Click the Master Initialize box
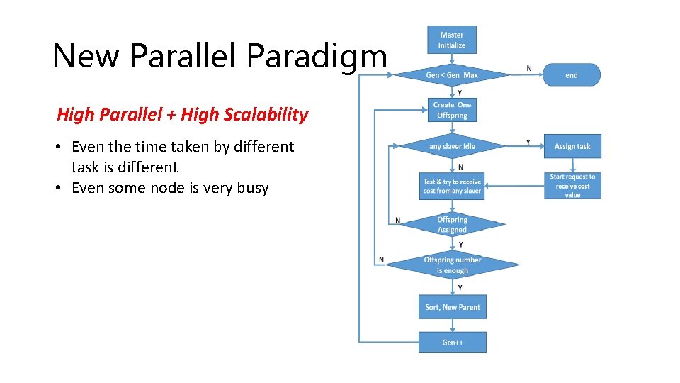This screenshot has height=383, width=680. (x=452, y=39)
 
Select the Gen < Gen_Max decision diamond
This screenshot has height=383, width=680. (x=452, y=75)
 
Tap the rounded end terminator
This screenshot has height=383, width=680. (x=571, y=75)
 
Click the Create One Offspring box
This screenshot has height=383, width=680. (x=452, y=110)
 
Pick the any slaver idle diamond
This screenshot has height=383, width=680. (x=452, y=146)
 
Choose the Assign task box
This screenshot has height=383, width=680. (x=572, y=146)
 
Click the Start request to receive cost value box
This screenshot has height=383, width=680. (x=572, y=186)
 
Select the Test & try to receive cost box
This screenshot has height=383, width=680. (x=452, y=186)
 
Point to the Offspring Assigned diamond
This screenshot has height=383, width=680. (x=452, y=225)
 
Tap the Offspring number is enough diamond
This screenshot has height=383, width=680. (x=452, y=265)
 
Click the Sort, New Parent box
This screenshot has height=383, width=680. (x=452, y=307)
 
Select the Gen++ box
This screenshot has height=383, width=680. (x=452, y=342)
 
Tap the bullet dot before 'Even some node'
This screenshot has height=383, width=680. (x=62, y=188)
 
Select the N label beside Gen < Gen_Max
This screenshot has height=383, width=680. (x=529, y=68)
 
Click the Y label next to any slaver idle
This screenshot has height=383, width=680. (x=528, y=142)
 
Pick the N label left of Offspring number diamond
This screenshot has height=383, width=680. (x=382, y=260)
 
